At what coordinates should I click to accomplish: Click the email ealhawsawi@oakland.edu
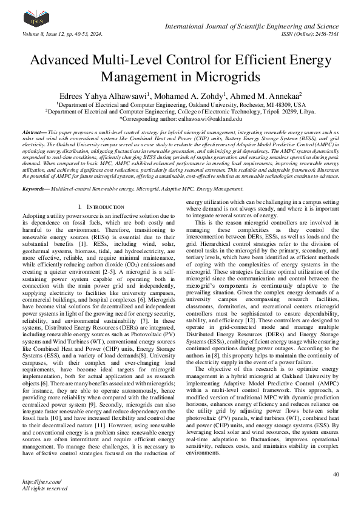pyautogui.click(x=209, y=120)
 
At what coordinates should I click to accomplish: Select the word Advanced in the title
pyautogui.click(x=63, y=61)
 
